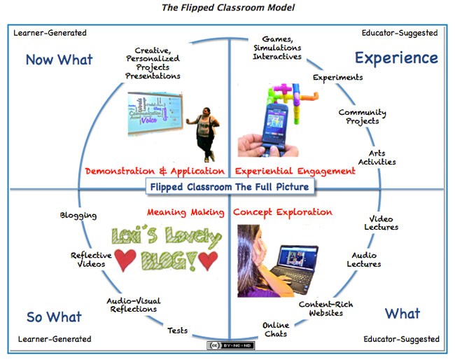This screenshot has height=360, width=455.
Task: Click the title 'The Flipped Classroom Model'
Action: click(228, 8)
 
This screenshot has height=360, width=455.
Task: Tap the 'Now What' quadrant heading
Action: click(59, 60)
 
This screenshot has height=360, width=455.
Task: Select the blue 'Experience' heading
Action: click(396, 57)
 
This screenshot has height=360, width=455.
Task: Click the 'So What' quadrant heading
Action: click(54, 317)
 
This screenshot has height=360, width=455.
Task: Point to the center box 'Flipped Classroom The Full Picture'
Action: click(228, 188)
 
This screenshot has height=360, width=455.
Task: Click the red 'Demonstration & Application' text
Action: click(155, 171)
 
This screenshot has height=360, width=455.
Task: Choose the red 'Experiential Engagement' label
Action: click(295, 171)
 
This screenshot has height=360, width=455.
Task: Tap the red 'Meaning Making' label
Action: click(185, 212)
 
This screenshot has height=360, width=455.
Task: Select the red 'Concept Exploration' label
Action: click(282, 212)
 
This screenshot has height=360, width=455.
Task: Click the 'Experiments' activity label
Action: click(337, 78)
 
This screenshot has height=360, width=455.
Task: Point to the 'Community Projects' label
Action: click(362, 117)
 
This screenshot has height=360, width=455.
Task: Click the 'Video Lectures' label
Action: click(381, 223)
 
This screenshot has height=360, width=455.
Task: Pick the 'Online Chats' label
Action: click(275, 329)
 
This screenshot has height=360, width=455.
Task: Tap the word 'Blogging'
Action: click(78, 216)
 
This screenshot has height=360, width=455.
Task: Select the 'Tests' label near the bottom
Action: click(177, 331)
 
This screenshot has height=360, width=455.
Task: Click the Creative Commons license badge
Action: click(227, 345)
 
